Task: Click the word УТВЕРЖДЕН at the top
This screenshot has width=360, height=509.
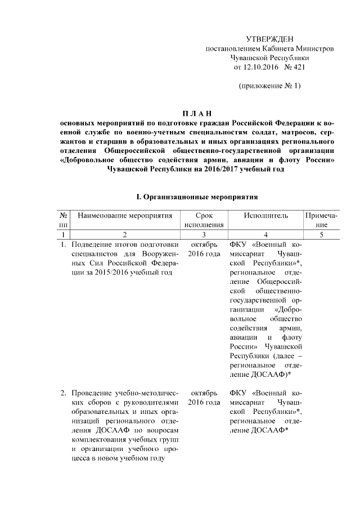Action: [270, 39]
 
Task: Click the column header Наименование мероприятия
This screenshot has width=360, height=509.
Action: [124, 215]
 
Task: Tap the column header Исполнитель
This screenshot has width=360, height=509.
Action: [266, 215]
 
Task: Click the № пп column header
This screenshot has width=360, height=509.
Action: [64, 220]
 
